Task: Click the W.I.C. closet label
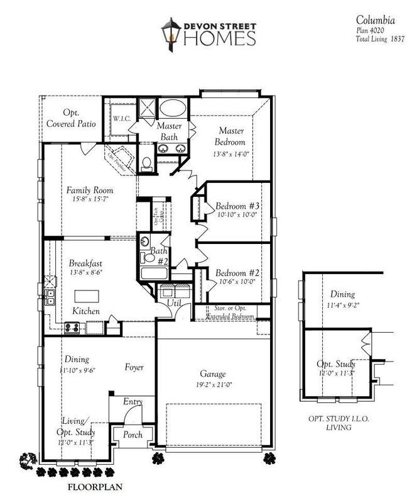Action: (x=121, y=118)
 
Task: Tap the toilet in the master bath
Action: (x=147, y=163)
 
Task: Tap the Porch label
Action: (x=133, y=434)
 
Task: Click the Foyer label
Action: (x=135, y=367)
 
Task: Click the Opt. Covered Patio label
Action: (x=70, y=118)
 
